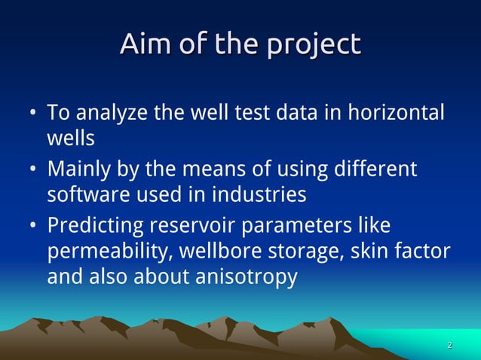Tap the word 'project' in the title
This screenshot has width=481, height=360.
pyautogui.click(x=316, y=45)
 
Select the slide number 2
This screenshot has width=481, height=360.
pyautogui.click(x=449, y=346)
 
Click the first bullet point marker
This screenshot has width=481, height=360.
pyautogui.click(x=34, y=114)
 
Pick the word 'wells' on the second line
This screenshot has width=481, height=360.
pyautogui.click(x=71, y=139)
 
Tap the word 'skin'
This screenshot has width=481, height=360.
pyautogui.click(x=367, y=251)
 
